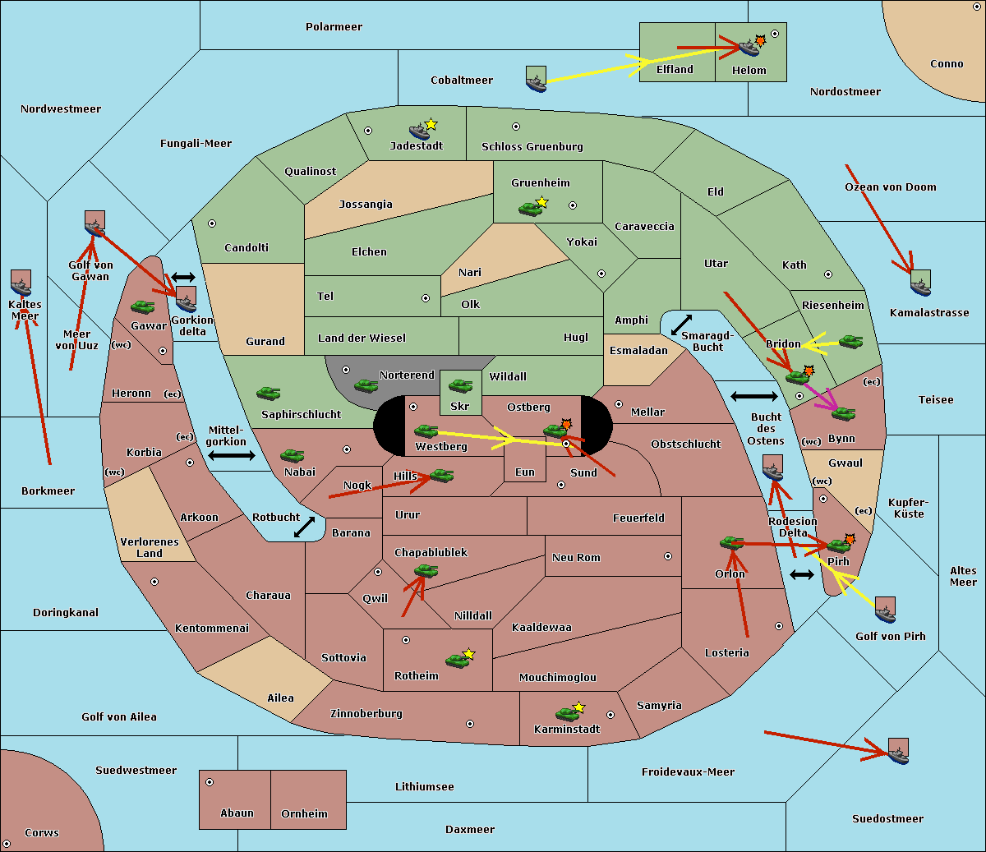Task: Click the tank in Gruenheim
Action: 530,209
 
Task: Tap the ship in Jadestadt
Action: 419,131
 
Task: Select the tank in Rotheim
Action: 457,661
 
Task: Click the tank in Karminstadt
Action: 567,714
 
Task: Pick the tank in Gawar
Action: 143,307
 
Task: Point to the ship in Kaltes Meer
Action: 21,283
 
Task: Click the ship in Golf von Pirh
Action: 886,610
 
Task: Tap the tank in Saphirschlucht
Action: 268,393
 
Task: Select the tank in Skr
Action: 460,385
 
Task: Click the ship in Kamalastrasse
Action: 920,283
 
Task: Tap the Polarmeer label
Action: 334,27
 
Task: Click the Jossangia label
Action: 366,205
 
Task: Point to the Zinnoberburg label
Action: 366,713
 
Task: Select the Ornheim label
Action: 304,813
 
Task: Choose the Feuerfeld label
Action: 638,518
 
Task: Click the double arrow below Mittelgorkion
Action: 232,455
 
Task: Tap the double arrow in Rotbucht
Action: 304,527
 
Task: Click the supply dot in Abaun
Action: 210,782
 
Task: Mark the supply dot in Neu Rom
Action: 668,556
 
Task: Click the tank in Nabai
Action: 292,455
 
